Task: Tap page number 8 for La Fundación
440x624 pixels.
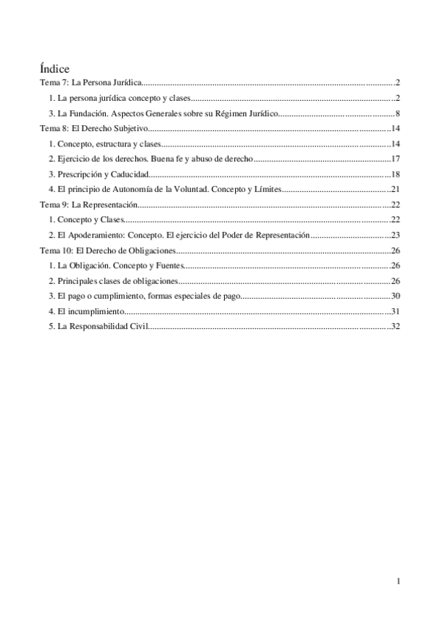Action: (397, 113)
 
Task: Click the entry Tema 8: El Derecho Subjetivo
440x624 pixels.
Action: (94, 129)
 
